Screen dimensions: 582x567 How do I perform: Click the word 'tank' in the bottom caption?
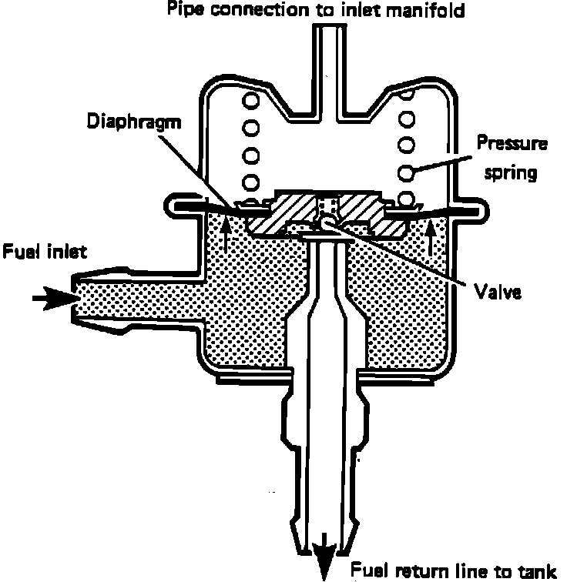point(534,570)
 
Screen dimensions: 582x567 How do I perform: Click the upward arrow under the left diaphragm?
point(226,234)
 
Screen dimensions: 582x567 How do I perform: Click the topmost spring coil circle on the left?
point(250,99)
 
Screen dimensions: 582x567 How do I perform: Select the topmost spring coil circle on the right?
point(406,96)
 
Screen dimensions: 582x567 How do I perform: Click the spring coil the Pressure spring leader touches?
point(408,170)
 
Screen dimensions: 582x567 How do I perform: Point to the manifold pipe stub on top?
point(327,54)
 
